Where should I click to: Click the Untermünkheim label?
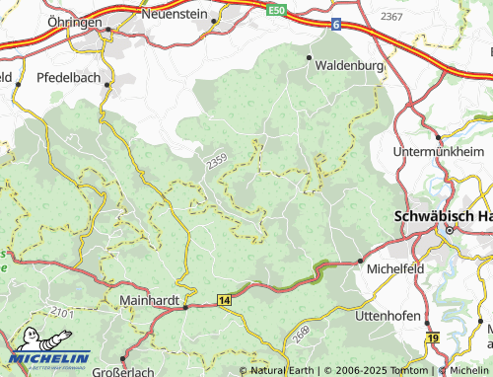coord(438,151)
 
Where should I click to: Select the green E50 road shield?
coord(276,10)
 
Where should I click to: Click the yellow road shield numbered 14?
coord(225,298)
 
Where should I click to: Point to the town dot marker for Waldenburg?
coord(310,58)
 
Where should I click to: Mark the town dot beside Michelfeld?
coord(359,262)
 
